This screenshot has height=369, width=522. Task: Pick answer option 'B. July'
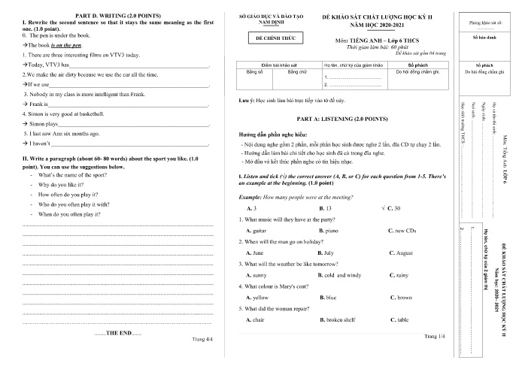[327, 253]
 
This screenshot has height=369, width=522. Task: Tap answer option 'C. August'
[401, 253]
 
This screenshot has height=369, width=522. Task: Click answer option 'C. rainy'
[399, 275]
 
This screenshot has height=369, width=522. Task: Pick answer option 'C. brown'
[401, 298]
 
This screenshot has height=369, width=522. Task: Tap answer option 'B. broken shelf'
[337, 320]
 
